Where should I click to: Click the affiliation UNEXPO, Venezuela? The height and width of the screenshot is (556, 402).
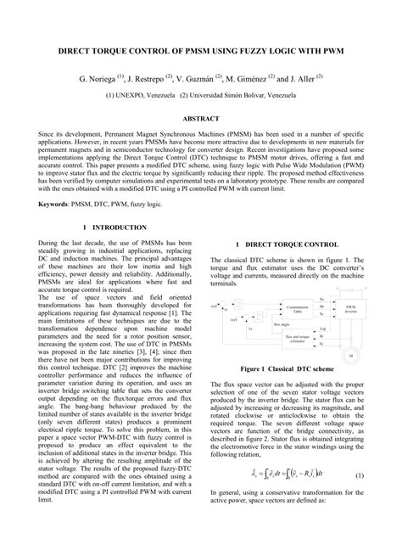click(x=153, y=96)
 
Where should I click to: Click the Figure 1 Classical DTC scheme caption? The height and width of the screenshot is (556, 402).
click(x=286, y=369)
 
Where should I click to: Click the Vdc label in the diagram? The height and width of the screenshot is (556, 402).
click(x=322, y=329)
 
